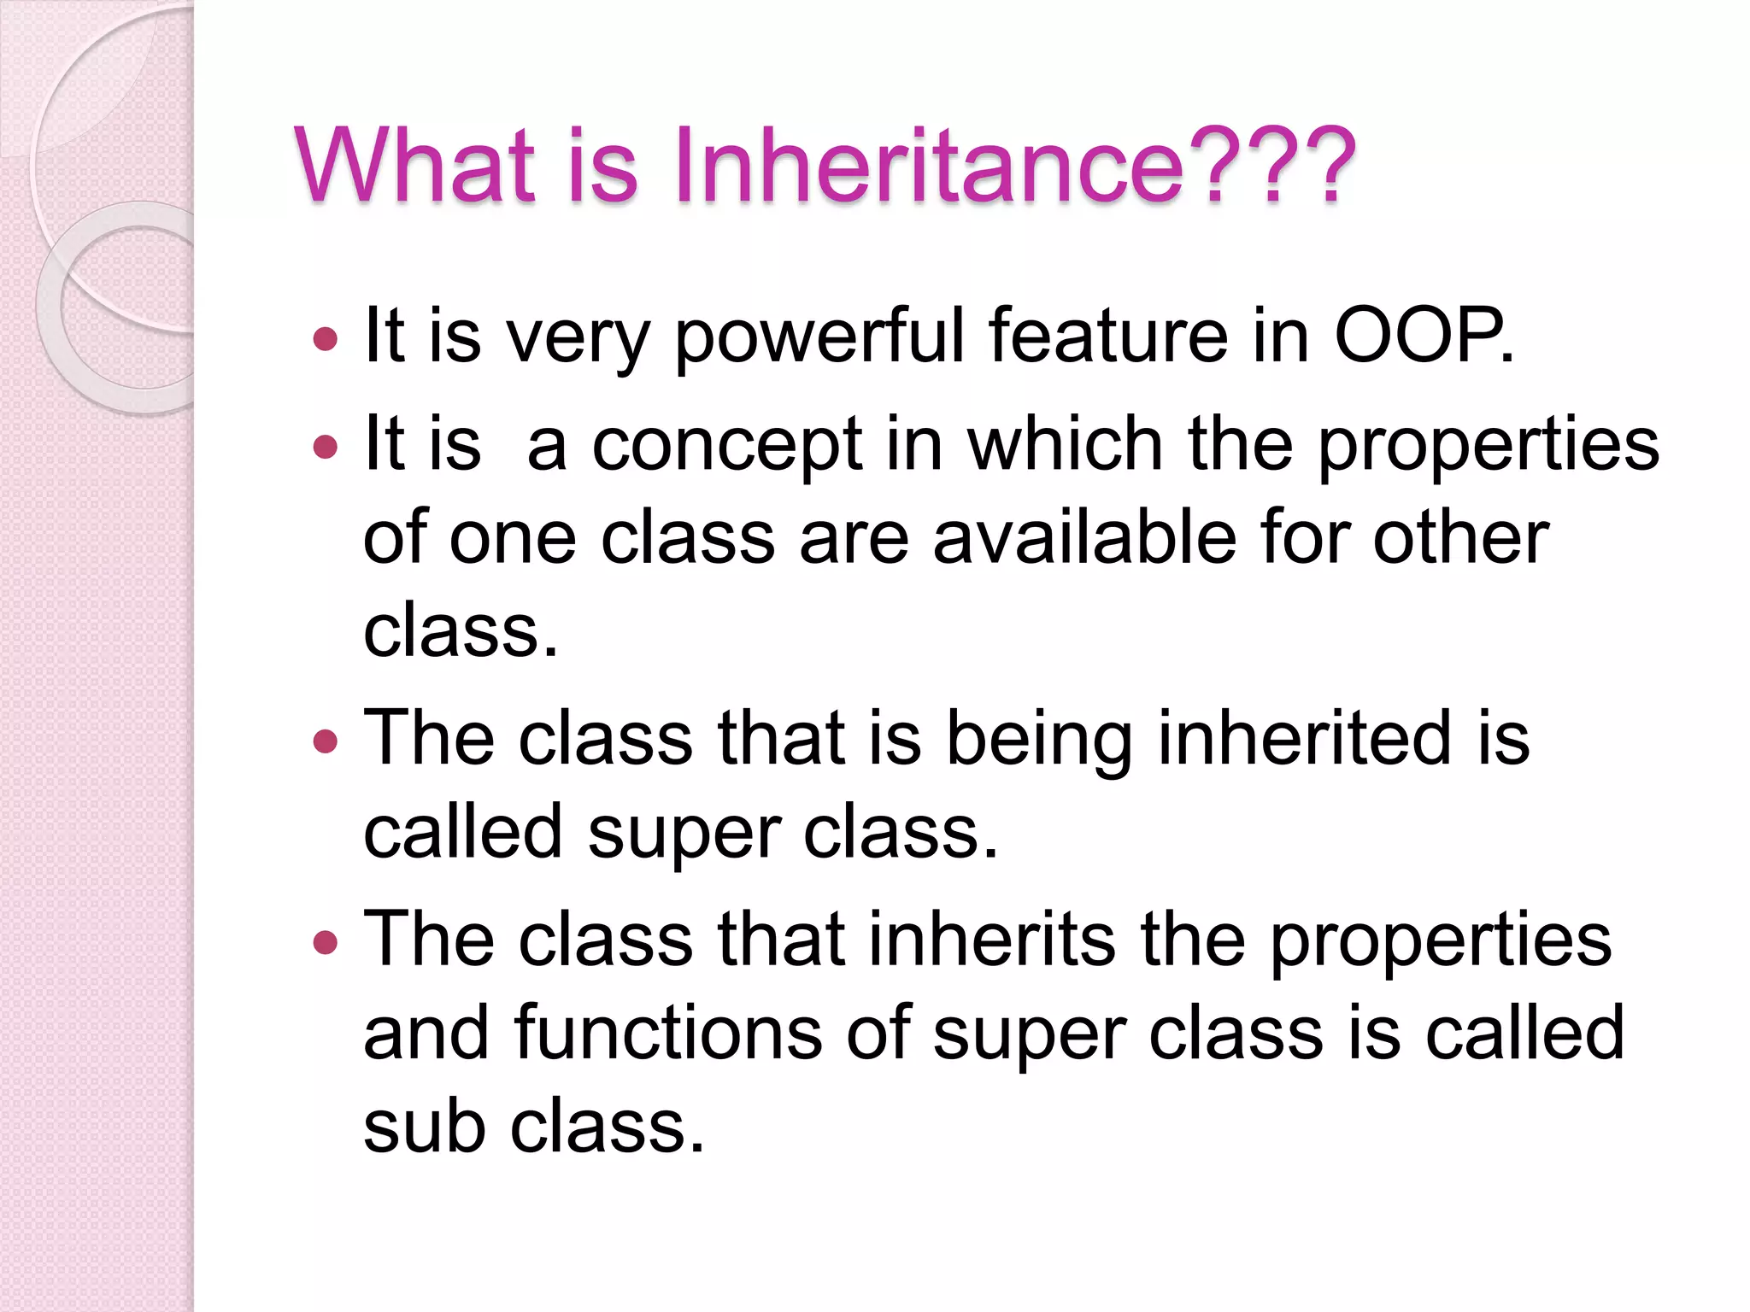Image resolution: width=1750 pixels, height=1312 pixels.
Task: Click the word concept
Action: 727,446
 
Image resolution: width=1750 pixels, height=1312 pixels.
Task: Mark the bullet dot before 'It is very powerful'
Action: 326,340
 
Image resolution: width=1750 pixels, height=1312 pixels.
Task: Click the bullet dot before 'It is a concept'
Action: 326,448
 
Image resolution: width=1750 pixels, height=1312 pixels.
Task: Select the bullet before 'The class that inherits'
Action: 326,942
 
